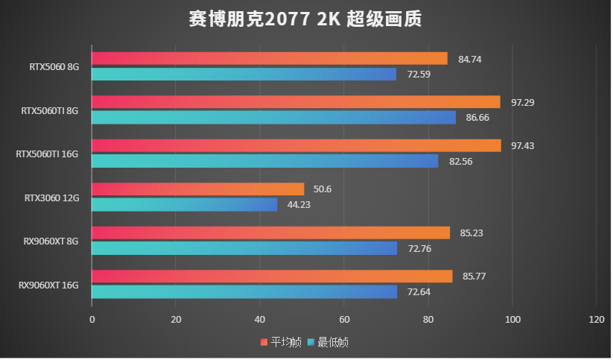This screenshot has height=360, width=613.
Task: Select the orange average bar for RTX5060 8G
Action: (x=269, y=59)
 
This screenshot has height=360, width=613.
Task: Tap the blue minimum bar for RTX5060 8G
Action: (x=244, y=74)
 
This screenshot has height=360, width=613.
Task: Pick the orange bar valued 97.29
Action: (x=296, y=102)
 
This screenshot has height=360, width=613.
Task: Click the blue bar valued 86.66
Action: (x=273, y=117)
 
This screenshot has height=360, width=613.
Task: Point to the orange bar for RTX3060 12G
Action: (x=197, y=189)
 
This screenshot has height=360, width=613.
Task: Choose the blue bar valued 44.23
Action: (x=184, y=204)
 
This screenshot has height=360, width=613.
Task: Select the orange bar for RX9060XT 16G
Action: (x=271, y=277)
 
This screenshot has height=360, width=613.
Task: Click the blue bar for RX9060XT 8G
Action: (x=244, y=247)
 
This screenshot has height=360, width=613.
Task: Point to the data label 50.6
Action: (x=323, y=189)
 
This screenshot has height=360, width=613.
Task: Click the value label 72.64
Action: (x=418, y=291)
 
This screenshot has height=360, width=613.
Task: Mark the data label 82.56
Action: (x=460, y=161)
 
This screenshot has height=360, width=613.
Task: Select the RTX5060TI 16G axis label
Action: (x=47, y=154)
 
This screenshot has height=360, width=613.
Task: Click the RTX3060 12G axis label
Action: (x=51, y=198)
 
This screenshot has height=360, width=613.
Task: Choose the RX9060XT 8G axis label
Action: (x=49, y=241)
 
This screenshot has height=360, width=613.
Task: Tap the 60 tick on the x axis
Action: (x=344, y=319)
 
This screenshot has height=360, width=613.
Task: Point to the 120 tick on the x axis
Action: (x=596, y=319)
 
